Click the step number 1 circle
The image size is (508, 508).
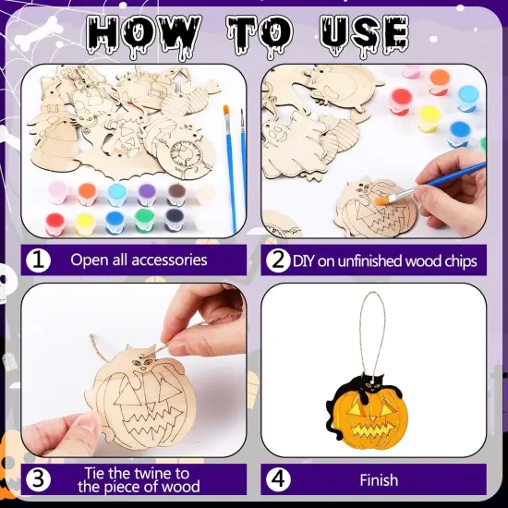(x=39, y=260)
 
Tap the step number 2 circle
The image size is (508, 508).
(x=275, y=260)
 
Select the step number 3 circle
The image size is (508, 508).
(x=39, y=479)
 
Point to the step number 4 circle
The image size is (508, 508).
(x=278, y=479)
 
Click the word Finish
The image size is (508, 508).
(x=379, y=480)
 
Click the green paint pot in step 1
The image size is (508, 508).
(x=143, y=222)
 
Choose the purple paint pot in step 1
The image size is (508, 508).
(x=146, y=192)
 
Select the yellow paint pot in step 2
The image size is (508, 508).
(x=429, y=118)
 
